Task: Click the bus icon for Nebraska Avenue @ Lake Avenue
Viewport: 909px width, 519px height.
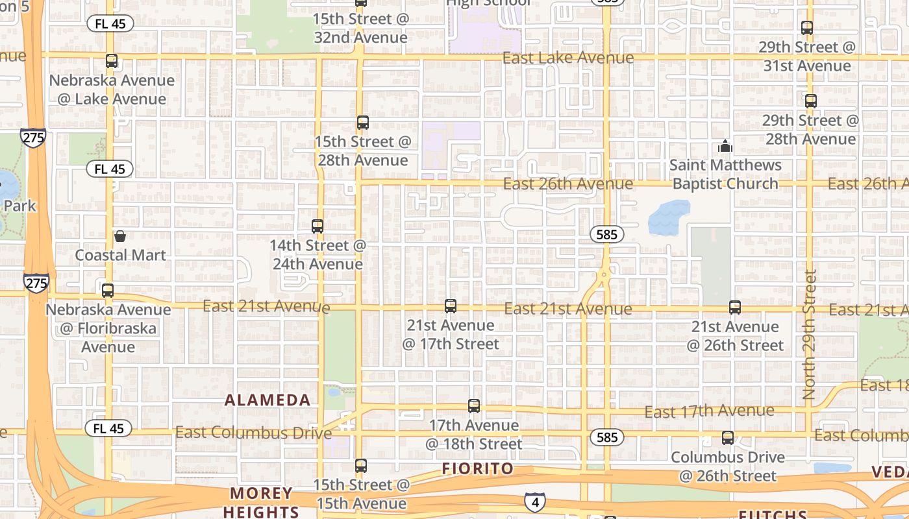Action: click(112, 61)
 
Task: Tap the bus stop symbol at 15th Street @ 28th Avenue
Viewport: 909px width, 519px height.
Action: click(363, 122)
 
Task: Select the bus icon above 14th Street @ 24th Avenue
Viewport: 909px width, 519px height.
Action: click(318, 226)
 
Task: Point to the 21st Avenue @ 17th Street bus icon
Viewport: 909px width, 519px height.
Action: click(451, 306)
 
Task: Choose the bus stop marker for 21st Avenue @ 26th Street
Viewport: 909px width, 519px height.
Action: click(734, 307)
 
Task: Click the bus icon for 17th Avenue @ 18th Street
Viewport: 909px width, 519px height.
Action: click(474, 406)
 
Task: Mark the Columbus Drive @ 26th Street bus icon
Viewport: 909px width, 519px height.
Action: click(728, 438)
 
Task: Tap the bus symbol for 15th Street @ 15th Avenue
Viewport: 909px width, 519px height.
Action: click(361, 465)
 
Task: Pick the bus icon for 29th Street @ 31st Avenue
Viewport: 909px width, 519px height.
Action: click(807, 28)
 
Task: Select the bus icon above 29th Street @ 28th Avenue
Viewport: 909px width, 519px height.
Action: click(810, 101)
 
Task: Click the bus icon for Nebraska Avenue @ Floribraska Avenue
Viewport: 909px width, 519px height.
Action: click(108, 290)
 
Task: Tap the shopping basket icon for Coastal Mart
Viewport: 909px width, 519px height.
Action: click(120, 236)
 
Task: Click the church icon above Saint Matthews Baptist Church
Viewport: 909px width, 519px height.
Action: click(725, 146)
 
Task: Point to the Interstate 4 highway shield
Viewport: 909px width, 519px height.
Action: click(534, 501)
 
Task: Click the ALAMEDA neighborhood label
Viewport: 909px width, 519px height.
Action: click(268, 400)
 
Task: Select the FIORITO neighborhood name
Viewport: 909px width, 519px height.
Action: click(478, 468)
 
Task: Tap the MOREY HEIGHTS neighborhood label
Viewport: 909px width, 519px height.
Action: click(262, 502)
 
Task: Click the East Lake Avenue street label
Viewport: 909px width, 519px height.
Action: click(568, 58)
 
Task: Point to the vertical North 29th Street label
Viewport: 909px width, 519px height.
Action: click(809, 334)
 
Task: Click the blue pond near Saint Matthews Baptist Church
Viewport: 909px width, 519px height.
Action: click(669, 216)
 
